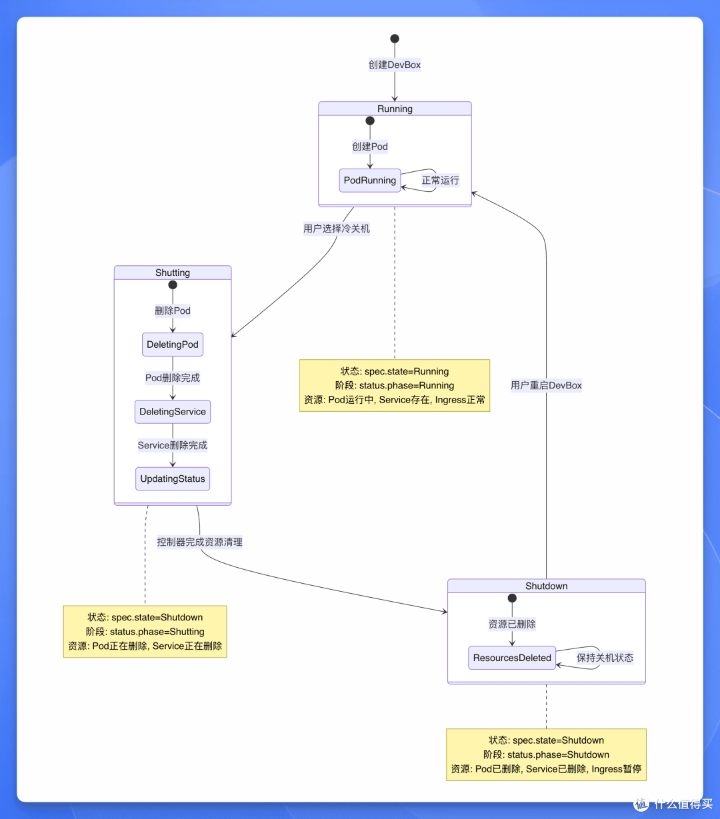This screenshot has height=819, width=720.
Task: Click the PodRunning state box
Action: pos(370,181)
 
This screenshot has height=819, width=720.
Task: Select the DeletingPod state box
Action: pos(173,345)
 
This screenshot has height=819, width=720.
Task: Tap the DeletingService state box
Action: pos(173,412)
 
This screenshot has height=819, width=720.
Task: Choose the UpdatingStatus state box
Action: pos(173,478)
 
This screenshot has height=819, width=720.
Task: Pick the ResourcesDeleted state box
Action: pos(512,658)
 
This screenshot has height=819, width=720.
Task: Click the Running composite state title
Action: pos(395,109)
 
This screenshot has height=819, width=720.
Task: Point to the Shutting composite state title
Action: pos(173,273)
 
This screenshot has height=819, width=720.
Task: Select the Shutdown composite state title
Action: pos(547,586)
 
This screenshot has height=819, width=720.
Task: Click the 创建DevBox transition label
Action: pos(395,65)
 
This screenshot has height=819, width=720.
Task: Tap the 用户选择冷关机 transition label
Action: pos(337,229)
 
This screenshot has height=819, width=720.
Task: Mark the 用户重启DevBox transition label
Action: pos(546,385)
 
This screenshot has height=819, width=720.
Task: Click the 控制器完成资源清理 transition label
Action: pos(200,542)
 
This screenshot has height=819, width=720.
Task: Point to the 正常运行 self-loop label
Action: pos(440,181)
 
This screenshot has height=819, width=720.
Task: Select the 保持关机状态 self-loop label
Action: pos(605,658)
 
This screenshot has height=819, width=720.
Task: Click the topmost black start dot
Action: pos(395,39)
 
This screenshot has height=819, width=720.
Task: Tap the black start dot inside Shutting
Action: pos(173,285)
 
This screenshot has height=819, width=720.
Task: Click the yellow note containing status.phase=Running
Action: pos(395,386)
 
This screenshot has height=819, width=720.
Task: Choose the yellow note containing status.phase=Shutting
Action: pos(145,632)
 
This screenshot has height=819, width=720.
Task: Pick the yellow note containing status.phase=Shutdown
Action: pos(546,755)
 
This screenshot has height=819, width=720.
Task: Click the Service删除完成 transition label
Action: pos(173,445)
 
